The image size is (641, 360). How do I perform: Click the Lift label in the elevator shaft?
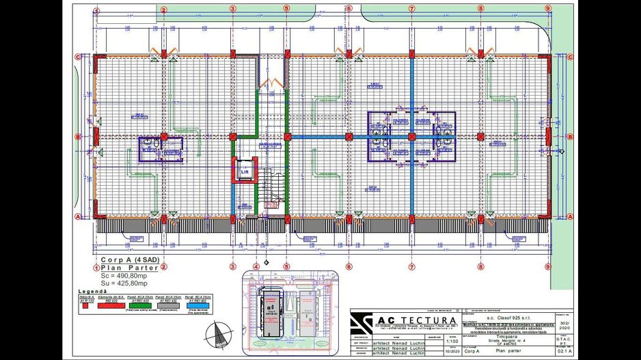(x=244, y=172)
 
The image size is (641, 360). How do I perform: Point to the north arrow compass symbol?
(x=220, y=335)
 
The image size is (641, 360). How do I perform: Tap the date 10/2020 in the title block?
(x=452, y=353)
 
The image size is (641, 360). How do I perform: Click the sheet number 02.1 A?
(x=562, y=352)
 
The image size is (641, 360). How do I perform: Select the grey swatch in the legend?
(x=169, y=306)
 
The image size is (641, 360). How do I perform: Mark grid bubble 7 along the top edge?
(x=412, y=9)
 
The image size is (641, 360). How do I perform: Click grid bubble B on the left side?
(x=79, y=137)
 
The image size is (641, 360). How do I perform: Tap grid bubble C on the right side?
(x=565, y=57)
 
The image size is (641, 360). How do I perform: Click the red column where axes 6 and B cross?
(x=349, y=137)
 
